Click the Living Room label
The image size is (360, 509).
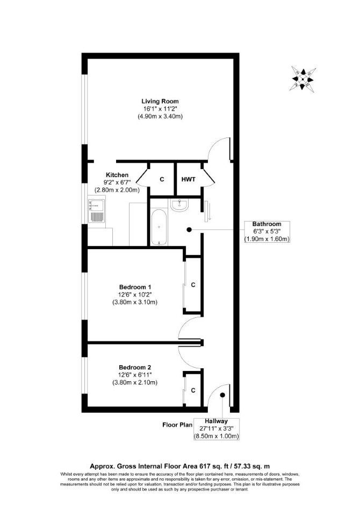pyautogui.click(x=160, y=101)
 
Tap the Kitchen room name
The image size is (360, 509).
pyautogui.click(x=117, y=175)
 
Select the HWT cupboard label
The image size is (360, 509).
pyautogui.click(x=189, y=179)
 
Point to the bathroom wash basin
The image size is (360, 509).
pyautogui.click(x=178, y=206)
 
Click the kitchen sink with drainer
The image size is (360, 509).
pyautogui.click(x=97, y=211)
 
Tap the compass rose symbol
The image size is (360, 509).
pyautogui.click(x=303, y=78)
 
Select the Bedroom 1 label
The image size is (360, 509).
pyautogui.click(x=135, y=287)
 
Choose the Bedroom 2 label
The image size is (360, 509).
pyautogui.click(x=135, y=367)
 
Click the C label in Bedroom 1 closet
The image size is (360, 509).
pyautogui.click(x=193, y=285)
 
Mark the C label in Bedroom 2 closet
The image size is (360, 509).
pyautogui.click(x=193, y=390)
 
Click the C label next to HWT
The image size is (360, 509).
pyautogui.click(x=162, y=179)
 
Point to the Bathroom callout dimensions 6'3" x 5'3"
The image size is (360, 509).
pyautogui.click(x=267, y=231)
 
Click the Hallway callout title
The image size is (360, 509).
pyautogui.click(x=216, y=421)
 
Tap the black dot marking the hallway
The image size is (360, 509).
pyautogui.click(x=222, y=395)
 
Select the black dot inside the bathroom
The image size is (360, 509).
pyautogui.click(x=189, y=230)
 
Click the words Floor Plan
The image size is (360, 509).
pyautogui.click(x=177, y=425)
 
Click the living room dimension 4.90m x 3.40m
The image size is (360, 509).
pyautogui.click(x=160, y=116)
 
